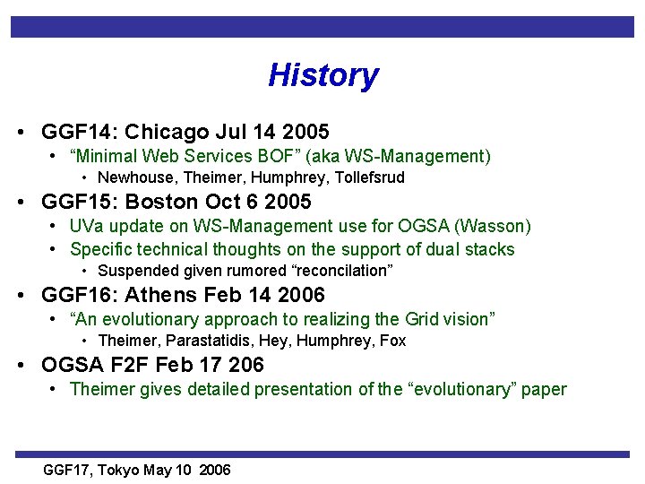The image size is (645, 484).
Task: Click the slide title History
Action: (322, 75)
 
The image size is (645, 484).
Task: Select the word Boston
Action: (164, 202)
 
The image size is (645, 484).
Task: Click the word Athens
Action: (161, 295)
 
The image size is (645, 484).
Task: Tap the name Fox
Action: (393, 341)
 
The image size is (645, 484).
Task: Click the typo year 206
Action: (247, 365)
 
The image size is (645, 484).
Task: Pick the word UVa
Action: (85, 226)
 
